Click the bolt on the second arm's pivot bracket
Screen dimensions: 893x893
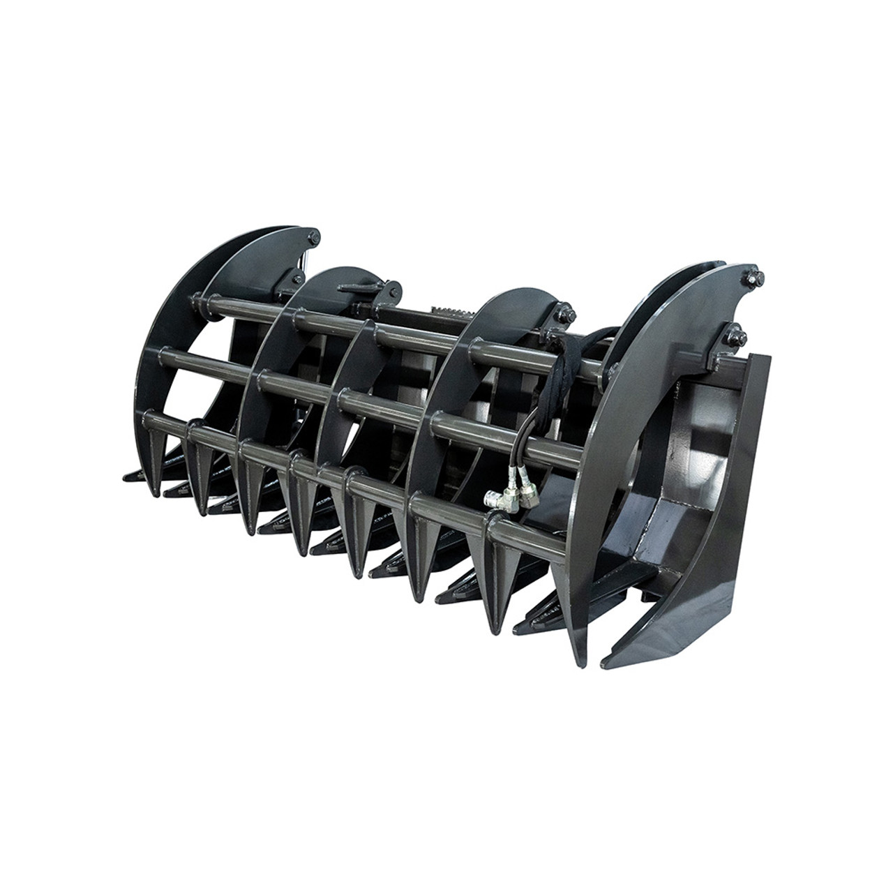(395, 288)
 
